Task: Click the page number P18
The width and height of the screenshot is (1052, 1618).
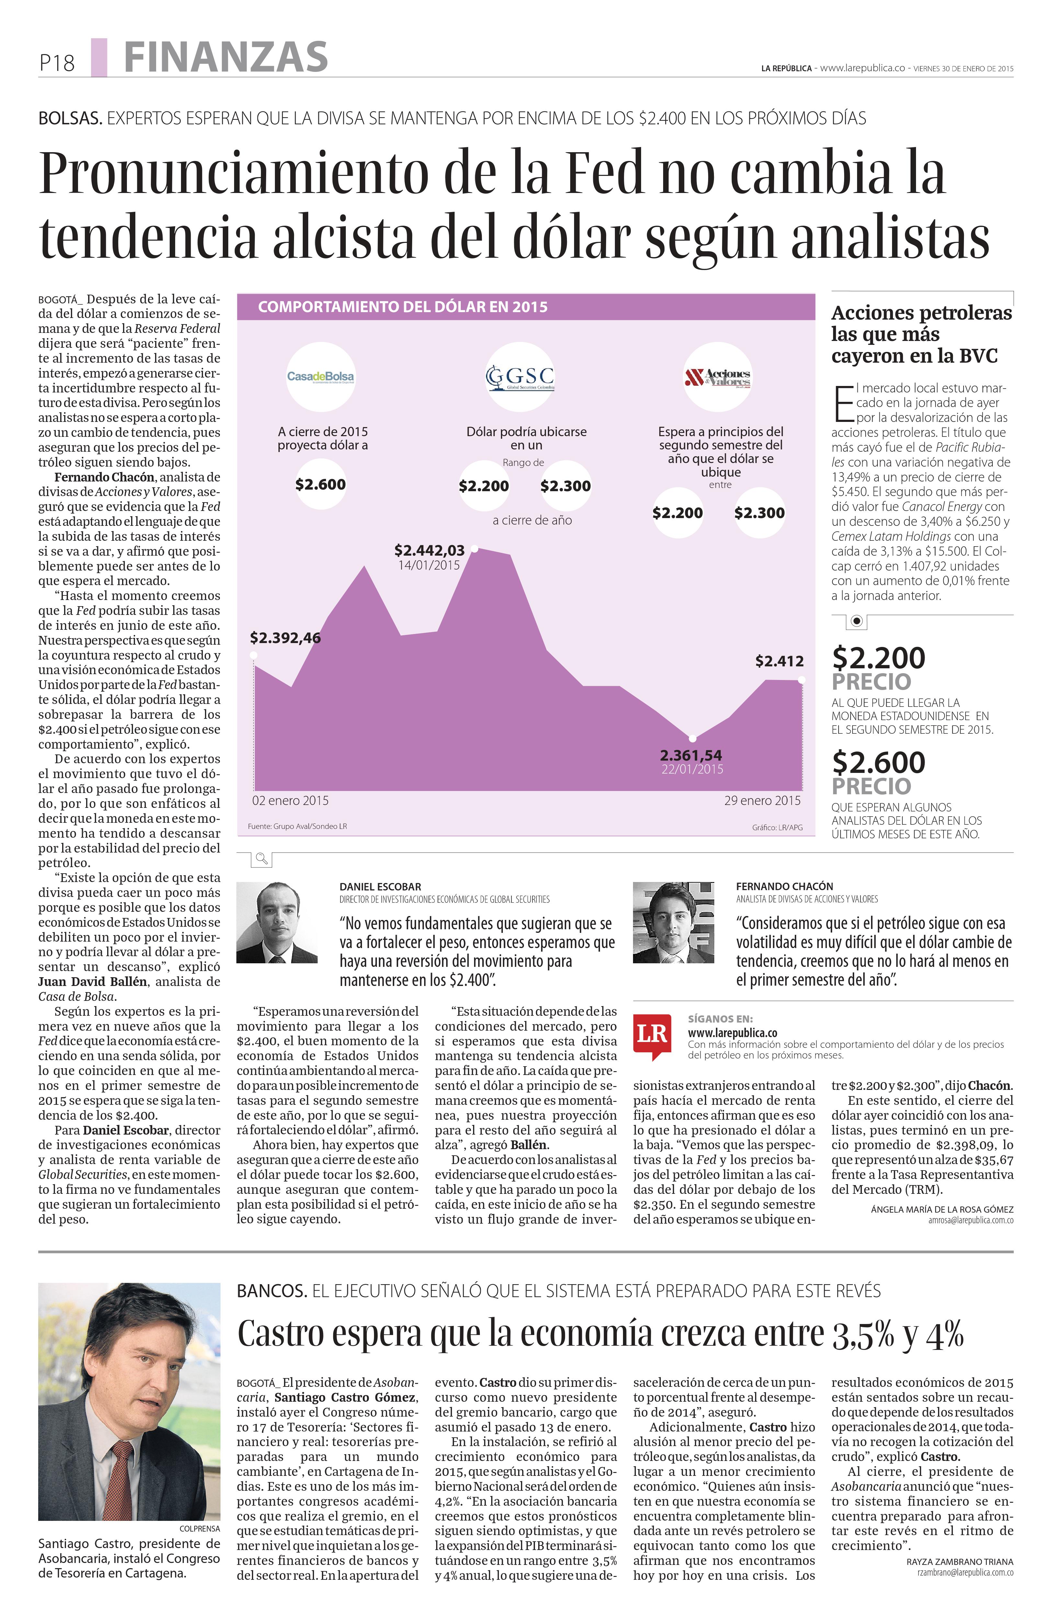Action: (x=56, y=63)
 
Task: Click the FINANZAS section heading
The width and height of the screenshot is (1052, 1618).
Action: (x=226, y=57)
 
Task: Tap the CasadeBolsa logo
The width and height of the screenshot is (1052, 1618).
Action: (x=320, y=376)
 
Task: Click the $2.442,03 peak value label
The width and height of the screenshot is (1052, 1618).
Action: (x=429, y=550)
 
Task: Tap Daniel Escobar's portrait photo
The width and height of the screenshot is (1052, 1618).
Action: (x=277, y=922)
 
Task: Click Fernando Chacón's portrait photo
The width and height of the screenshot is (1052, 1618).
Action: (x=673, y=922)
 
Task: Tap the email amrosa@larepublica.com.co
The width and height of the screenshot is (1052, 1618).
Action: (x=970, y=1220)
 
